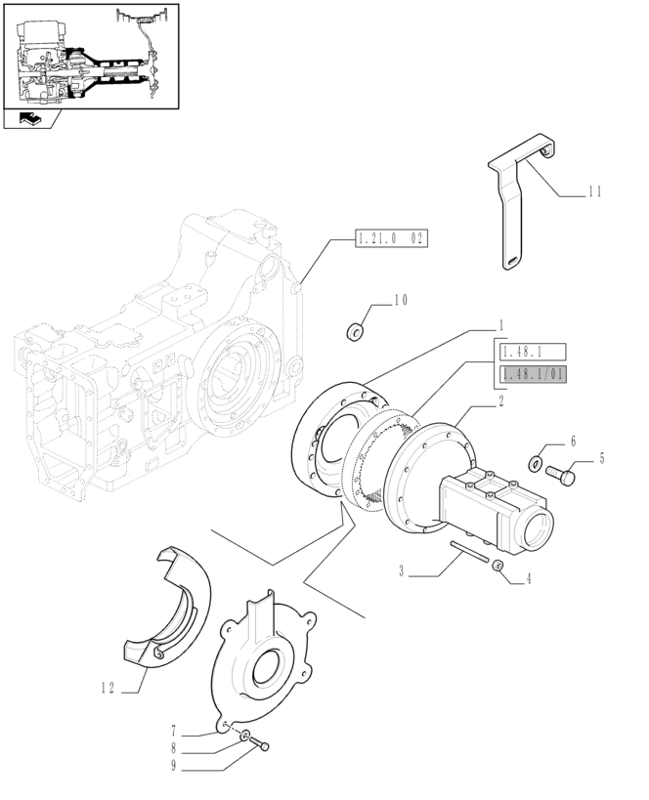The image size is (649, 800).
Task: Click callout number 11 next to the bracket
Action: [x=594, y=192]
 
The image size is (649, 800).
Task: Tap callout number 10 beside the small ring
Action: [x=401, y=301]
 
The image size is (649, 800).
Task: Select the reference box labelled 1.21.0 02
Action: [x=391, y=238]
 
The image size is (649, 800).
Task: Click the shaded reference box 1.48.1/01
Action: [x=533, y=374]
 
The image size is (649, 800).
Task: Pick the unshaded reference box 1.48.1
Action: [x=533, y=352]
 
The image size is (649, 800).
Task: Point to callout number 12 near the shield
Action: [x=108, y=688]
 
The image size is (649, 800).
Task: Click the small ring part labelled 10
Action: [x=357, y=332]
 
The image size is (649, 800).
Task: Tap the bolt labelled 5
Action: [x=563, y=476]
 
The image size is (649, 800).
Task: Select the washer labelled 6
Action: [x=537, y=460]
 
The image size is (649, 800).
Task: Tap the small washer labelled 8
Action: [x=246, y=735]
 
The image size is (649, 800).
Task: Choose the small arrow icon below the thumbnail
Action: [x=28, y=120]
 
